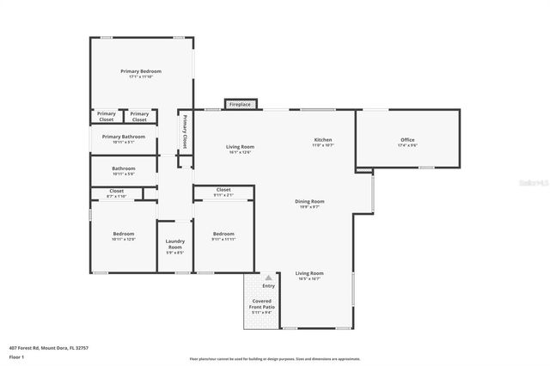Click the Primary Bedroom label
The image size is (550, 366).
click(x=141, y=71)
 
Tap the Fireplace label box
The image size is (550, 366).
click(x=240, y=105)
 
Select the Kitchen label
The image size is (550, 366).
click(x=322, y=140)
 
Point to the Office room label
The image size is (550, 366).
click(x=407, y=140)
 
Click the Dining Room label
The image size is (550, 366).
click(x=309, y=202)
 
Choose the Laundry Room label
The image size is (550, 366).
click(x=174, y=244)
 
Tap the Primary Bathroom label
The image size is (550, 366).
click(x=123, y=137)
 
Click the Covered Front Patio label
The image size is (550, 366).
click(x=262, y=304)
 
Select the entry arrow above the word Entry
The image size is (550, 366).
click(x=268, y=278)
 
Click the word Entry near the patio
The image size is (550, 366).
click(x=268, y=286)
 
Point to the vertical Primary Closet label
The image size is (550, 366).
click(x=184, y=133)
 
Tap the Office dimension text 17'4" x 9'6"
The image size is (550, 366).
click(x=407, y=145)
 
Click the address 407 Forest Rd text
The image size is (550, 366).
click(x=49, y=348)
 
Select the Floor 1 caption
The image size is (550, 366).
click(x=18, y=357)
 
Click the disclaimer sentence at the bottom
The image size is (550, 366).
click(x=275, y=359)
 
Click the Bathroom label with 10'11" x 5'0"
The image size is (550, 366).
click(x=123, y=168)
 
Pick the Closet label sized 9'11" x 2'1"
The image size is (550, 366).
click(x=223, y=190)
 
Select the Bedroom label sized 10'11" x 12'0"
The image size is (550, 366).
click(x=123, y=234)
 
